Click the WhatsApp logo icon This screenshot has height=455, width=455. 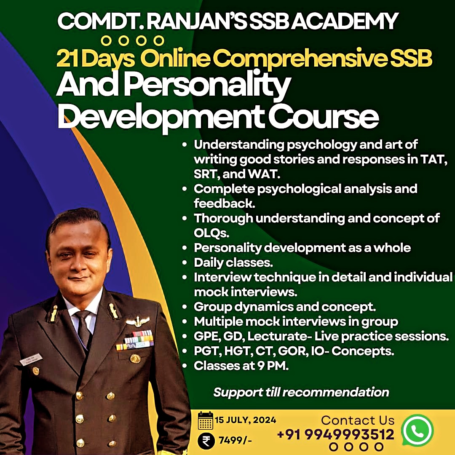click(417, 430)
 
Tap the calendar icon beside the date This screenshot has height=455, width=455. click(206, 420)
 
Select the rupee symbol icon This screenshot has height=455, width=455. click(206, 441)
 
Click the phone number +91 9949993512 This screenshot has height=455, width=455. click(336, 434)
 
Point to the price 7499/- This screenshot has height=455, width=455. click(235, 441)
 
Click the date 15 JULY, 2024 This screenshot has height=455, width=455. click(246, 420)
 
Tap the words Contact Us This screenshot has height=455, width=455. click(358, 420)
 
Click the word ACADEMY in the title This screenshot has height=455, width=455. click(345, 21)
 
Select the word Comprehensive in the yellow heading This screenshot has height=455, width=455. click(301, 58)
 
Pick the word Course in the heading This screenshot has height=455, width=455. click(323, 117)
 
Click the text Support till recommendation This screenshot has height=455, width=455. click(301, 392)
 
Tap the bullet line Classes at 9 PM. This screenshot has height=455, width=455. click(241, 366)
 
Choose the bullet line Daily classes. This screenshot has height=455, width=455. click(233, 262)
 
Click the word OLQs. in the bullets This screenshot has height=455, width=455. click(211, 233)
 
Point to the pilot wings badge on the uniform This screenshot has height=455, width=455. click(137, 321)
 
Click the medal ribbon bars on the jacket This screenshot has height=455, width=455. click(135, 340)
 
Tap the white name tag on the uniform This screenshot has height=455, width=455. click(31, 359)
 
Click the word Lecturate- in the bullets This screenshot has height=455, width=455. click(279, 336)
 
